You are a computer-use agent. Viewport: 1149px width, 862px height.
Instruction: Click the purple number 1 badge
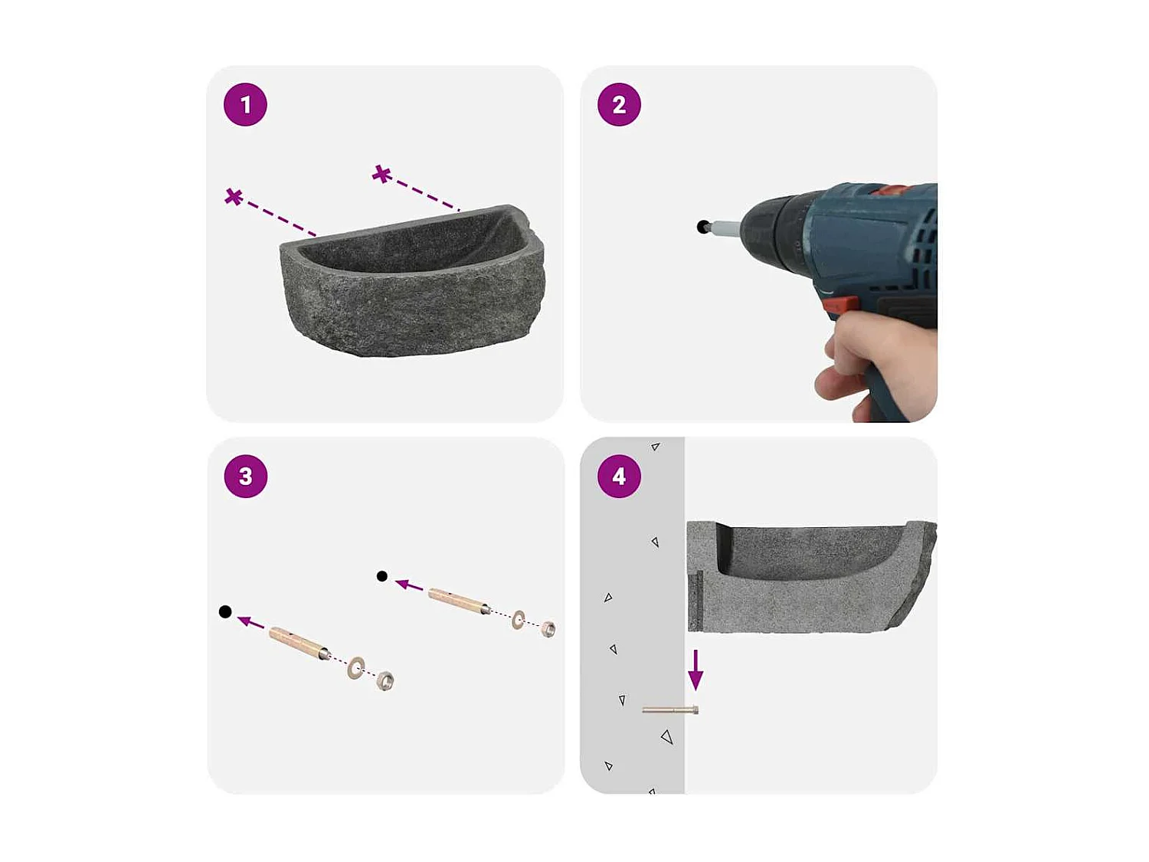(245, 104)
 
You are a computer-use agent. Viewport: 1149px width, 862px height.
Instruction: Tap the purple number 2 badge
(619, 104)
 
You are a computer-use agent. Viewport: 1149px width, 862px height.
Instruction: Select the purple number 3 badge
(245, 476)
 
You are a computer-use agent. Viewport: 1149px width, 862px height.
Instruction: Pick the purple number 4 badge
(619, 476)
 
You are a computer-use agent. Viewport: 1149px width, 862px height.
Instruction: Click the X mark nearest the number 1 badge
(234, 197)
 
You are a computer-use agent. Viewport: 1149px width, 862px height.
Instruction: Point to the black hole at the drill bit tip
(702, 226)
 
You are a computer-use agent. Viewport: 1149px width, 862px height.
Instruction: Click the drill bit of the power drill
(725, 228)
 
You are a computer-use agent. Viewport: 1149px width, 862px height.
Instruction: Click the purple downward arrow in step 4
(696, 670)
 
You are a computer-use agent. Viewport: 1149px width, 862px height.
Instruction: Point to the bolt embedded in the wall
(669, 710)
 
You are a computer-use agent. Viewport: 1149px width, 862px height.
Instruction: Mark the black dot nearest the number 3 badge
(225, 611)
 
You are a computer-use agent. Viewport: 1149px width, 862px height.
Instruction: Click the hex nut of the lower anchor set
(385, 680)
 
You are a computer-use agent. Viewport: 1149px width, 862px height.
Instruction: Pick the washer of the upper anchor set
(519, 619)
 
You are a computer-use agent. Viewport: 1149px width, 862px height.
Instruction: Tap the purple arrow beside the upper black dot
(409, 585)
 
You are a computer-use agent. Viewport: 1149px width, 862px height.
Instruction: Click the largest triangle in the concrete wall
(666, 737)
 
